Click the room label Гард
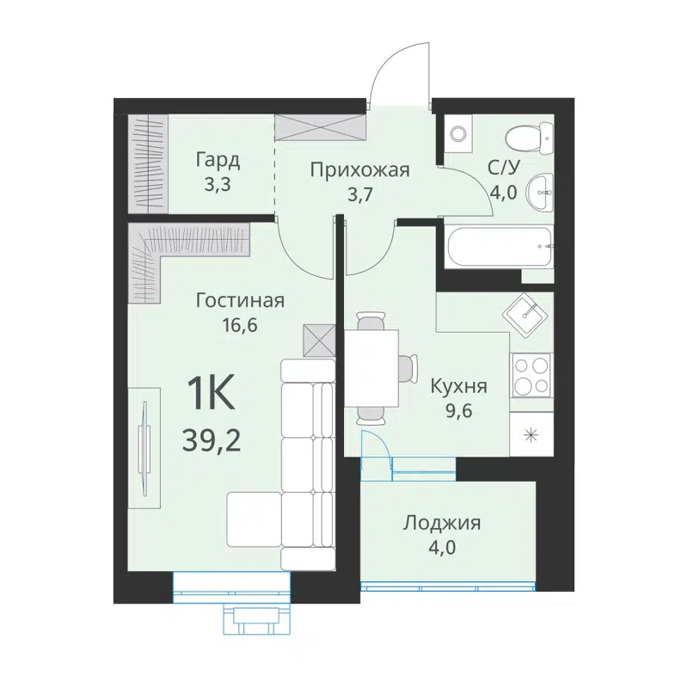pyautogui.click(x=217, y=160)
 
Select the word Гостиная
pyautogui.click(x=240, y=301)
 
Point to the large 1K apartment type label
pyautogui.click(x=211, y=395)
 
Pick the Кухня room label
pyautogui.click(x=459, y=386)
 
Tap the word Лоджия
pyautogui.click(x=442, y=523)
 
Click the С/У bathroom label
pyautogui.click(x=503, y=169)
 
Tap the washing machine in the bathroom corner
pyautogui.click(x=458, y=134)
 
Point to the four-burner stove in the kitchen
pyautogui.click(x=531, y=376)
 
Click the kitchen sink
pyautogui.click(x=527, y=314)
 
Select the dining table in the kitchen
pyautogui.click(x=372, y=367)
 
